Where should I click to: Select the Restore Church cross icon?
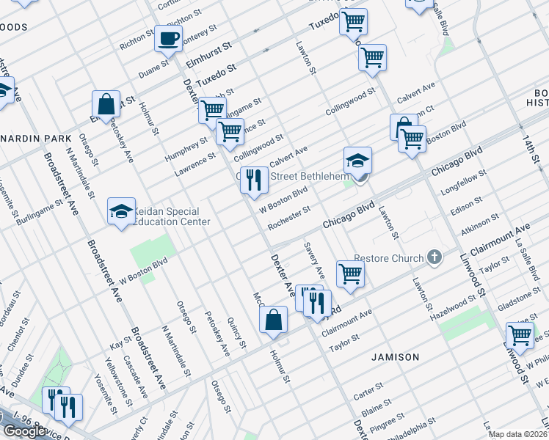pyautogui.click(x=435, y=257)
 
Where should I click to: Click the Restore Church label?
pyautogui.click(x=388, y=258)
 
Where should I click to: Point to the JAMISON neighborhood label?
pyautogui.click(x=395, y=357)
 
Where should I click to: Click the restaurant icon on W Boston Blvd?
pyautogui.click(x=254, y=180)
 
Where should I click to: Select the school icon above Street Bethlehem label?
pyautogui.click(x=357, y=160)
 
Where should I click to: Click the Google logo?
pyautogui.click(x=24, y=431)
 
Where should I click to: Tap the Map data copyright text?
pyautogui.click(x=517, y=434)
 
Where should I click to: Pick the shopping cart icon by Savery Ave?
pyautogui.click(x=350, y=274)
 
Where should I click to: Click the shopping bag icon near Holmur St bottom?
pyautogui.click(x=273, y=320)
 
